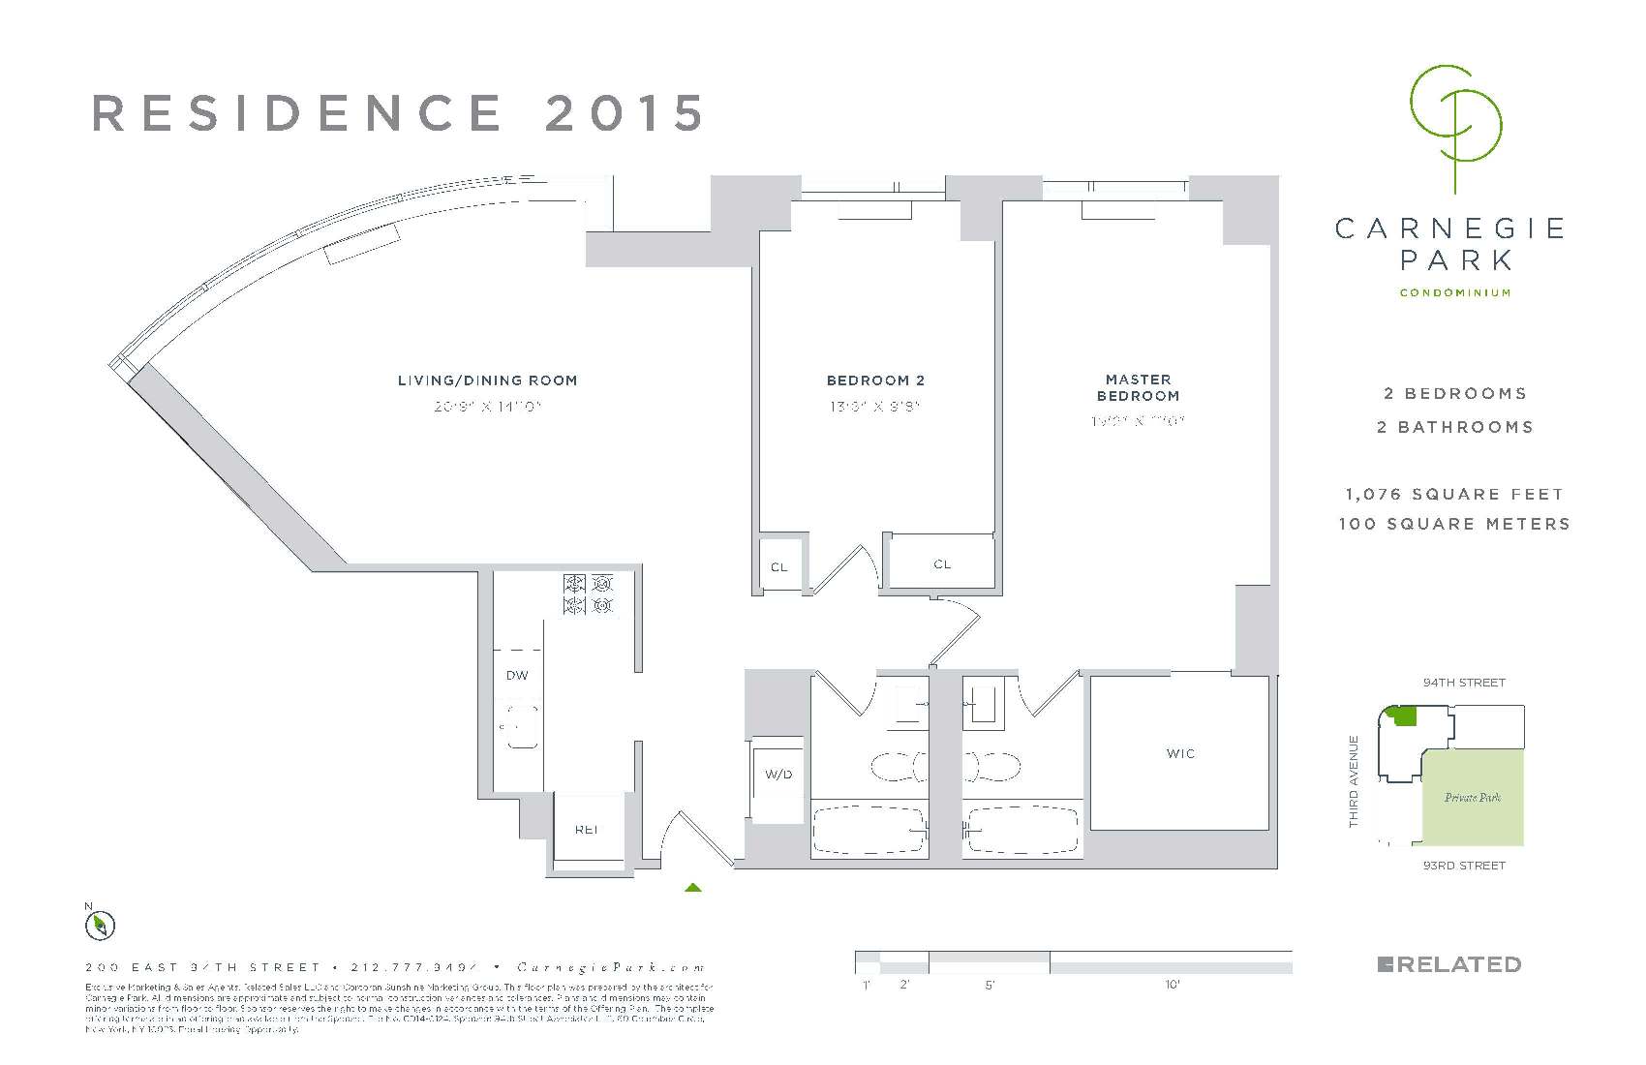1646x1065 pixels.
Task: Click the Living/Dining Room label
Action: point(487,380)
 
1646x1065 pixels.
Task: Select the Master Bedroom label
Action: point(1138,387)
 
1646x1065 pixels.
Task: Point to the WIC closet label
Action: point(1180,753)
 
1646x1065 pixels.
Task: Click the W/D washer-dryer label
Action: point(778,774)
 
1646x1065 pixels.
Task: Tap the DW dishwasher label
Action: point(517,675)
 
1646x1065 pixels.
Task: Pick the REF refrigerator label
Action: point(586,829)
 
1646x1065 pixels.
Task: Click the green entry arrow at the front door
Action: point(692,886)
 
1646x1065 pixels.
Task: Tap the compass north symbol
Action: point(100,926)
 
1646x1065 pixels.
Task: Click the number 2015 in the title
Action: point(625,113)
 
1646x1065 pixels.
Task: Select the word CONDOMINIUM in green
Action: point(1454,292)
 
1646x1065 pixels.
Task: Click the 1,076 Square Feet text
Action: point(1454,494)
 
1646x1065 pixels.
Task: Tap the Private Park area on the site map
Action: point(1473,798)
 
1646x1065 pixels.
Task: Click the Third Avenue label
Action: point(1354,781)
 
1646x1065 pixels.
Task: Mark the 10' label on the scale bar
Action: point(1172,986)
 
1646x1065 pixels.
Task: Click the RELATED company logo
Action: point(1448,964)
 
